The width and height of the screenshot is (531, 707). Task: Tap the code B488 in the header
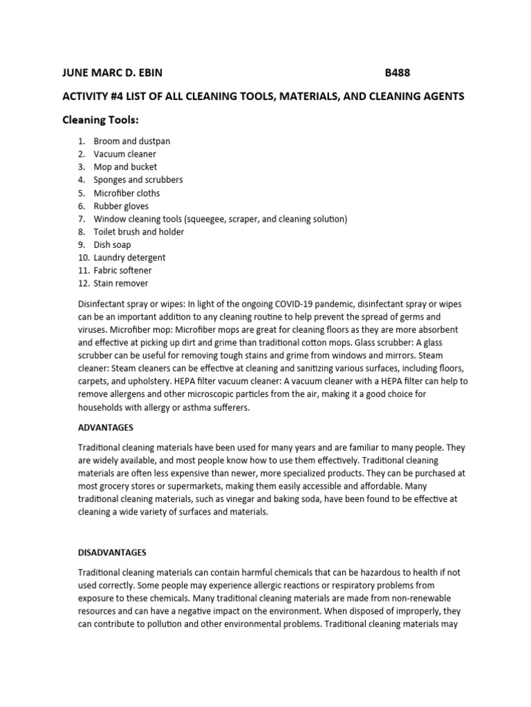coord(402,72)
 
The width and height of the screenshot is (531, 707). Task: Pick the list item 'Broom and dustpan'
coord(132,141)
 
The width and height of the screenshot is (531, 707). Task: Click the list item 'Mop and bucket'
coord(125,167)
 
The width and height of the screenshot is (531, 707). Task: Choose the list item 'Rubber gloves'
coord(121,206)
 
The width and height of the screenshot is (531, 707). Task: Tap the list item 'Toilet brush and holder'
coord(139,232)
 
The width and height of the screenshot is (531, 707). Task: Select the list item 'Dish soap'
coord(112,244)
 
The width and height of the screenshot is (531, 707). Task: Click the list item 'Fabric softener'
coord(123,271)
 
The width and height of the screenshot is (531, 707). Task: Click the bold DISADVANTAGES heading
coord(112,553)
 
